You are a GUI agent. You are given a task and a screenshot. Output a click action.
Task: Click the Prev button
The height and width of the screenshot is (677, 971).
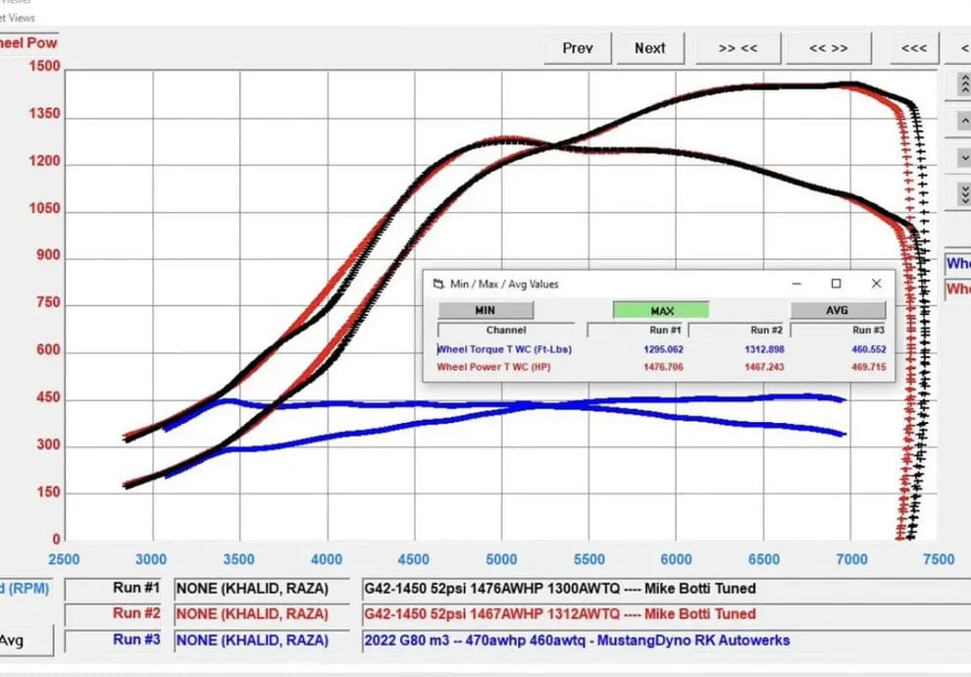577,48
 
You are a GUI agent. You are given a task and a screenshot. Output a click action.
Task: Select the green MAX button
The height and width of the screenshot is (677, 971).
661,310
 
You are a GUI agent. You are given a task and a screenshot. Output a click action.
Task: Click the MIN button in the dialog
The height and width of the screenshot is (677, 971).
485,310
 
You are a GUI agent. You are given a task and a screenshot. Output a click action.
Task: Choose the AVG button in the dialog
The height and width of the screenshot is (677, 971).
837,310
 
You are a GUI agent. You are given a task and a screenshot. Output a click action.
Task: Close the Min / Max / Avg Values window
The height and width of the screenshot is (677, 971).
876,284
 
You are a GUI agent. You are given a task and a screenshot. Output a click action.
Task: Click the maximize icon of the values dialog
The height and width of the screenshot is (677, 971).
836,284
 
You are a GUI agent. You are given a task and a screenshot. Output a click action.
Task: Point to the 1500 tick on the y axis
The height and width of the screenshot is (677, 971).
43,68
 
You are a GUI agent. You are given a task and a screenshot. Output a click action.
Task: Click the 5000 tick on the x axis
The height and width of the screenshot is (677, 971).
501,559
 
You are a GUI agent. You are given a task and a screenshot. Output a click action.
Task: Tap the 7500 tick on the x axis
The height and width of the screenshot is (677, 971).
939,559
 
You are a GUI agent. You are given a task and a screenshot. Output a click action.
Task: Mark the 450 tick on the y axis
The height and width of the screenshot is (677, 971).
48,399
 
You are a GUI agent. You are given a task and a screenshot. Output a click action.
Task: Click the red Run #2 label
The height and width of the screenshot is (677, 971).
135,613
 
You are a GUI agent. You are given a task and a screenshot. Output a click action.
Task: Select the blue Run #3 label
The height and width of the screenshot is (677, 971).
135,640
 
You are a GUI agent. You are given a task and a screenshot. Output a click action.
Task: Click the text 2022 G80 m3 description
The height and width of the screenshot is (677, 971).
577,641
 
